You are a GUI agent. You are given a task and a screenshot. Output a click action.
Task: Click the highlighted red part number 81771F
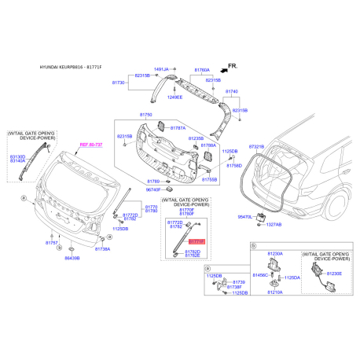click(x=197, y=242)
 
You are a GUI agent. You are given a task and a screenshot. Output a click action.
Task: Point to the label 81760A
click(x=203, y=68)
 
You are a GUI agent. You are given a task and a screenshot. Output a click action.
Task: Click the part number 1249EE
click(x=173, y=97)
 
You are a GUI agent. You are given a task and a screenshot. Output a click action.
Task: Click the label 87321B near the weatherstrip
click(x=279, y=146)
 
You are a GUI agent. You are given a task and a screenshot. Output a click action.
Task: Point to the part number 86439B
click(x=72, y=258)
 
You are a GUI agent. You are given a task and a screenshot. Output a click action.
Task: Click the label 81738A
click(x=103, y=248)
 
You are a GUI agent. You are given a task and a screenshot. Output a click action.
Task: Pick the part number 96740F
click(x=154, y=189)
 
